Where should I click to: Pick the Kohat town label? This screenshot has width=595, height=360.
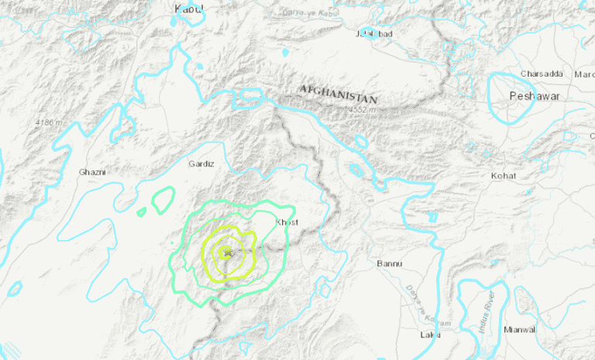tap(503, 177)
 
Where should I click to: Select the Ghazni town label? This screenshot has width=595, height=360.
tap(91, 172)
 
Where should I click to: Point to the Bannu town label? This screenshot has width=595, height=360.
tap(389, 264)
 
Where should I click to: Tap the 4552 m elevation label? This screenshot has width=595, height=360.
tap(361, 110)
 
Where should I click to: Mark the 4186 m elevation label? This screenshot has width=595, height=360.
tap(50, 122)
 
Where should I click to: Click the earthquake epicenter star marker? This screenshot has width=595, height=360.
tap(226, 252)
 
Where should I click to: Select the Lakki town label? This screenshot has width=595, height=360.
tap(430, 334)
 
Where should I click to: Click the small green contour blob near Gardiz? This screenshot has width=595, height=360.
tap(163, 201)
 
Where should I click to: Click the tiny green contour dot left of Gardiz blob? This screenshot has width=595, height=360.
tap(140, 211)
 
